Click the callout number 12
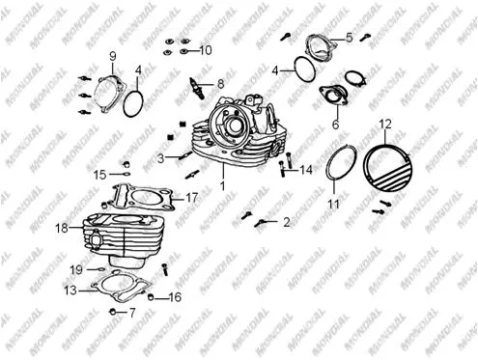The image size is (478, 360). point(385,124)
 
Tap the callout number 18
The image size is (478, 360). point(62,228)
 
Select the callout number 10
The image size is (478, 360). point(206,50)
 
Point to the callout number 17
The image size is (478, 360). point(192,197)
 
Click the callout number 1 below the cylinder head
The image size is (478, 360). point(222,185)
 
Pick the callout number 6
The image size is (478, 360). point(335,125)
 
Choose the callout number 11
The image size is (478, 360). point(333,204)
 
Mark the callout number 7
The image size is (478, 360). point(132,313)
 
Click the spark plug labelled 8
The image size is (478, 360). point(197,88)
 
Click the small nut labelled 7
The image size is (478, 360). point(113,312)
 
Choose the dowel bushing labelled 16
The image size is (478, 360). point(150,297)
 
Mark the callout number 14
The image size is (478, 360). point(306,170)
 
